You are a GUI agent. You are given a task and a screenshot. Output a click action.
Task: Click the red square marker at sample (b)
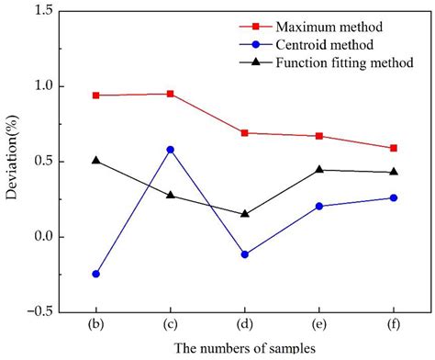tap(95, 96)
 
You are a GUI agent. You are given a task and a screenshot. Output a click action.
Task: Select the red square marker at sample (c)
tap(170, 94)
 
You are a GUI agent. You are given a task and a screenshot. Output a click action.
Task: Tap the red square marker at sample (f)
tap(394, 148)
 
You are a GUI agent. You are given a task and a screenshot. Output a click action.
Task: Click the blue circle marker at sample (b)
tap(95, 274)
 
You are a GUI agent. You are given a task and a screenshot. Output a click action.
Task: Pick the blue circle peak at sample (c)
tap(170, 150)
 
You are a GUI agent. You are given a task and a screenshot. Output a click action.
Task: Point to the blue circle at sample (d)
tap(244, 254)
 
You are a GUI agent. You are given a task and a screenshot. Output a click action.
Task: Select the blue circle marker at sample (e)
tap(318, 207)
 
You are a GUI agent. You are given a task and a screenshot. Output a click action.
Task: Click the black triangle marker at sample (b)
tap(95, 160)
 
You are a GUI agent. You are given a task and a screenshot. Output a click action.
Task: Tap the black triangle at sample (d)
tap(244, 213)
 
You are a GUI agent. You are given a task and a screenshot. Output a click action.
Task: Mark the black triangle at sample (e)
tap(318, 169)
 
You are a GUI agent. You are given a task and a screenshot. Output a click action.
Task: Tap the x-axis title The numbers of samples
tap(244, 349)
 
